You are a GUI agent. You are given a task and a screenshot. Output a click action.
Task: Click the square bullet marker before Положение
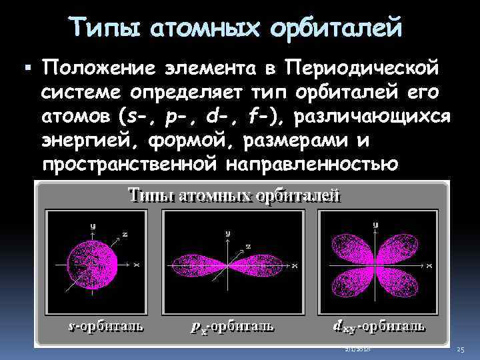(x=27, y=68)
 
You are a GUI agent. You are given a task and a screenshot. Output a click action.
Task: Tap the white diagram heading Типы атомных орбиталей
(x=234, y=195)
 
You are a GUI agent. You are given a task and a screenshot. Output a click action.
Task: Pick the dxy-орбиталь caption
(x=378, y=326)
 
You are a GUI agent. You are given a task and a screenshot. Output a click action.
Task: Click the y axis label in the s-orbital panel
(x=93, y=226)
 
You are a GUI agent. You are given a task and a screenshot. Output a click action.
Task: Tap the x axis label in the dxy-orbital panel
(x=430, y=265)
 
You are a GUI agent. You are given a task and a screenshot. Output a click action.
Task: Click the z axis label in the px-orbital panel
(x=248, y=247)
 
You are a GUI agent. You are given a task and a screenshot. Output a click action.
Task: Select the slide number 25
(x=460, y=350)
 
